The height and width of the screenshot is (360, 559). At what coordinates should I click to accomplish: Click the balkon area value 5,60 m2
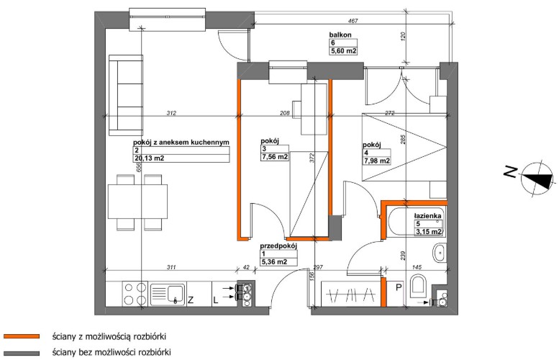[x=344, y=51]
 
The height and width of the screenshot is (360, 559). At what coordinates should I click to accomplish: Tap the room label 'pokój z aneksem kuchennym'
[x=181, y=143]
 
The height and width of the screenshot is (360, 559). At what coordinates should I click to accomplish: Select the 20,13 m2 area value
[x=149, y=158]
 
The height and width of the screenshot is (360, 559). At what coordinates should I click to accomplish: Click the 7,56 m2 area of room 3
[x=275, y=157]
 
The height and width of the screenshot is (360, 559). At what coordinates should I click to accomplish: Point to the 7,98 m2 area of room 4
[x=376, y=161]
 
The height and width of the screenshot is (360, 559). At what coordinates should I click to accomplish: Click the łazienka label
[x=427, y=216]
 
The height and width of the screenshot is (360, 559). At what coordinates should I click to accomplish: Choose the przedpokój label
[x=278, y=246]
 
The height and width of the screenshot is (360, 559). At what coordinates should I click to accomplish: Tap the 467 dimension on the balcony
[x=353, y=21]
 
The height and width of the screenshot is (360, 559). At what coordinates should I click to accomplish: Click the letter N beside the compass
[x=510, y=172]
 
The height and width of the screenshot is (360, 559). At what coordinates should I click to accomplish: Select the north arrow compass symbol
[x=537, y=178]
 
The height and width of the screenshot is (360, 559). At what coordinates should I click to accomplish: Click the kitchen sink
[x=168, y=294]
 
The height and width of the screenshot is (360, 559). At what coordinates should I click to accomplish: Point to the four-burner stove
[x=135, y=294]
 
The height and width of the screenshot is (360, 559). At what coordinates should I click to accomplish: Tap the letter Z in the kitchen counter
[x=191, y=300]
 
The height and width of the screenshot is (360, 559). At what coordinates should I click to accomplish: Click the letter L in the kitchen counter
[x=216, y=300]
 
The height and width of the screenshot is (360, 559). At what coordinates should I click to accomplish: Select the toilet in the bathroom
[x=418, y=286]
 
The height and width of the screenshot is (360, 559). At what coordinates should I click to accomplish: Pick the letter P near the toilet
[x=399, y=287]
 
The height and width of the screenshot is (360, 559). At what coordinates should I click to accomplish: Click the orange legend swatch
[x=22, y=336]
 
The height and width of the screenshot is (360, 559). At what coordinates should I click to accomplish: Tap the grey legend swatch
[x=22, y=353]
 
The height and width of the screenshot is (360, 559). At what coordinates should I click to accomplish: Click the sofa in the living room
[x=126, y=95]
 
